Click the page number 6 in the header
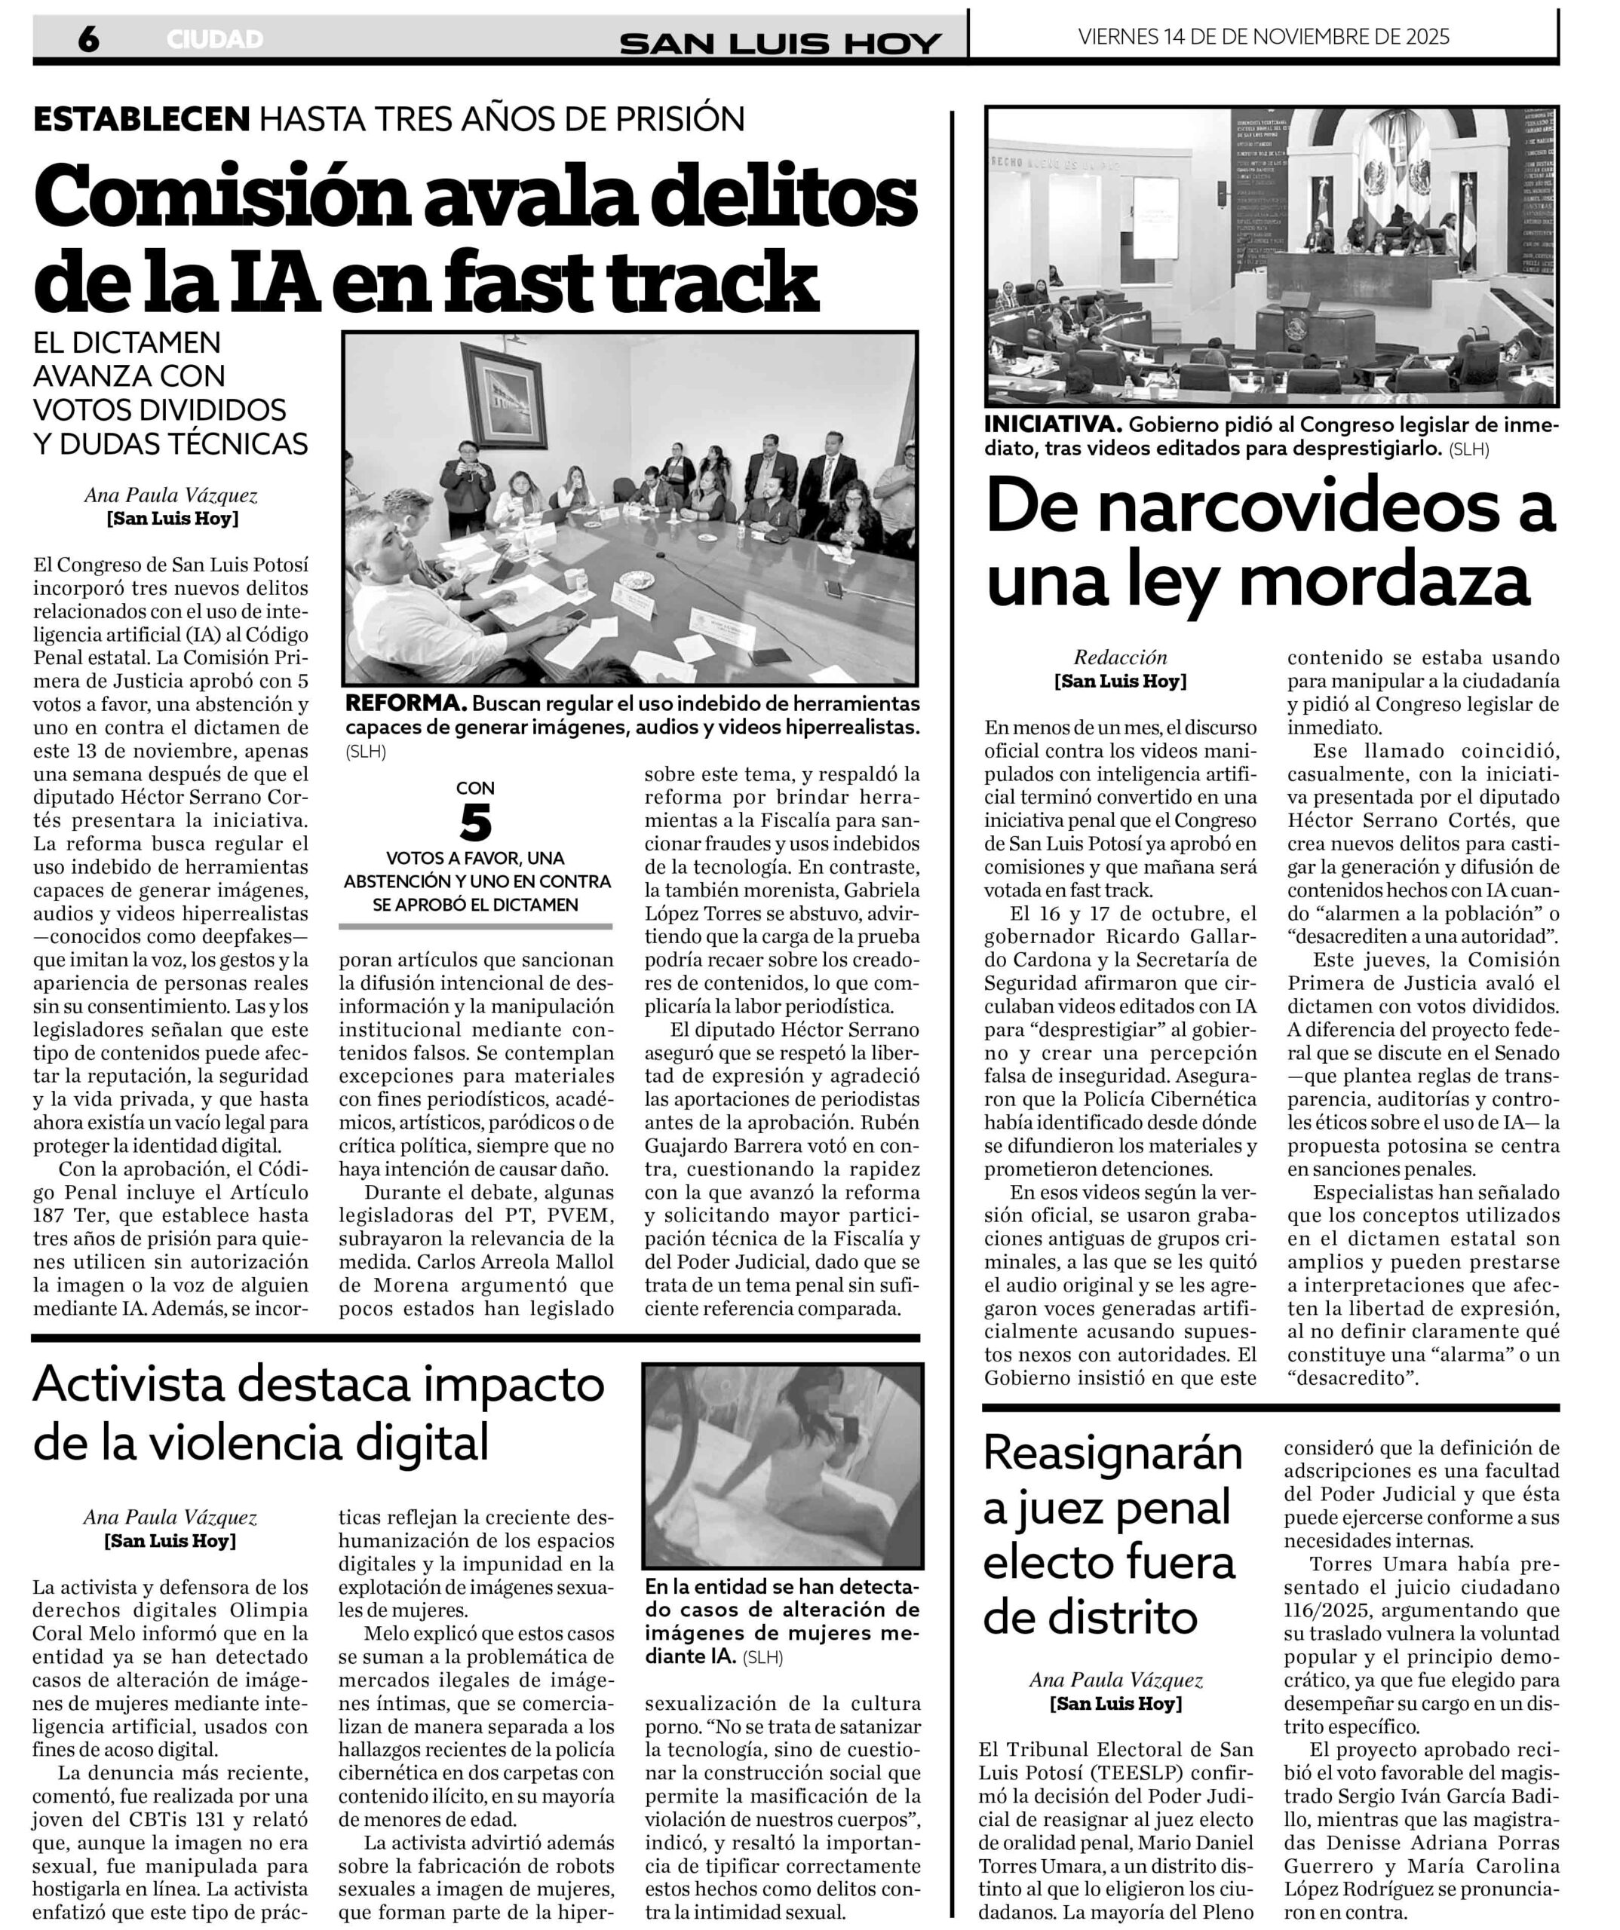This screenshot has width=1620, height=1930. (88, 38)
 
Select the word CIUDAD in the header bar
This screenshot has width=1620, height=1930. (215, 39)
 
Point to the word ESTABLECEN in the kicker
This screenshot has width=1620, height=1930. (142, 118)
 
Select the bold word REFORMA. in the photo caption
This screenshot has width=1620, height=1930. (406, 704)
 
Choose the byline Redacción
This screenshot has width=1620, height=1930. (1120, 657)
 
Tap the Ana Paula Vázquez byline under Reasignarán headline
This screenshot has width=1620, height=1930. (1115, 1679)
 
